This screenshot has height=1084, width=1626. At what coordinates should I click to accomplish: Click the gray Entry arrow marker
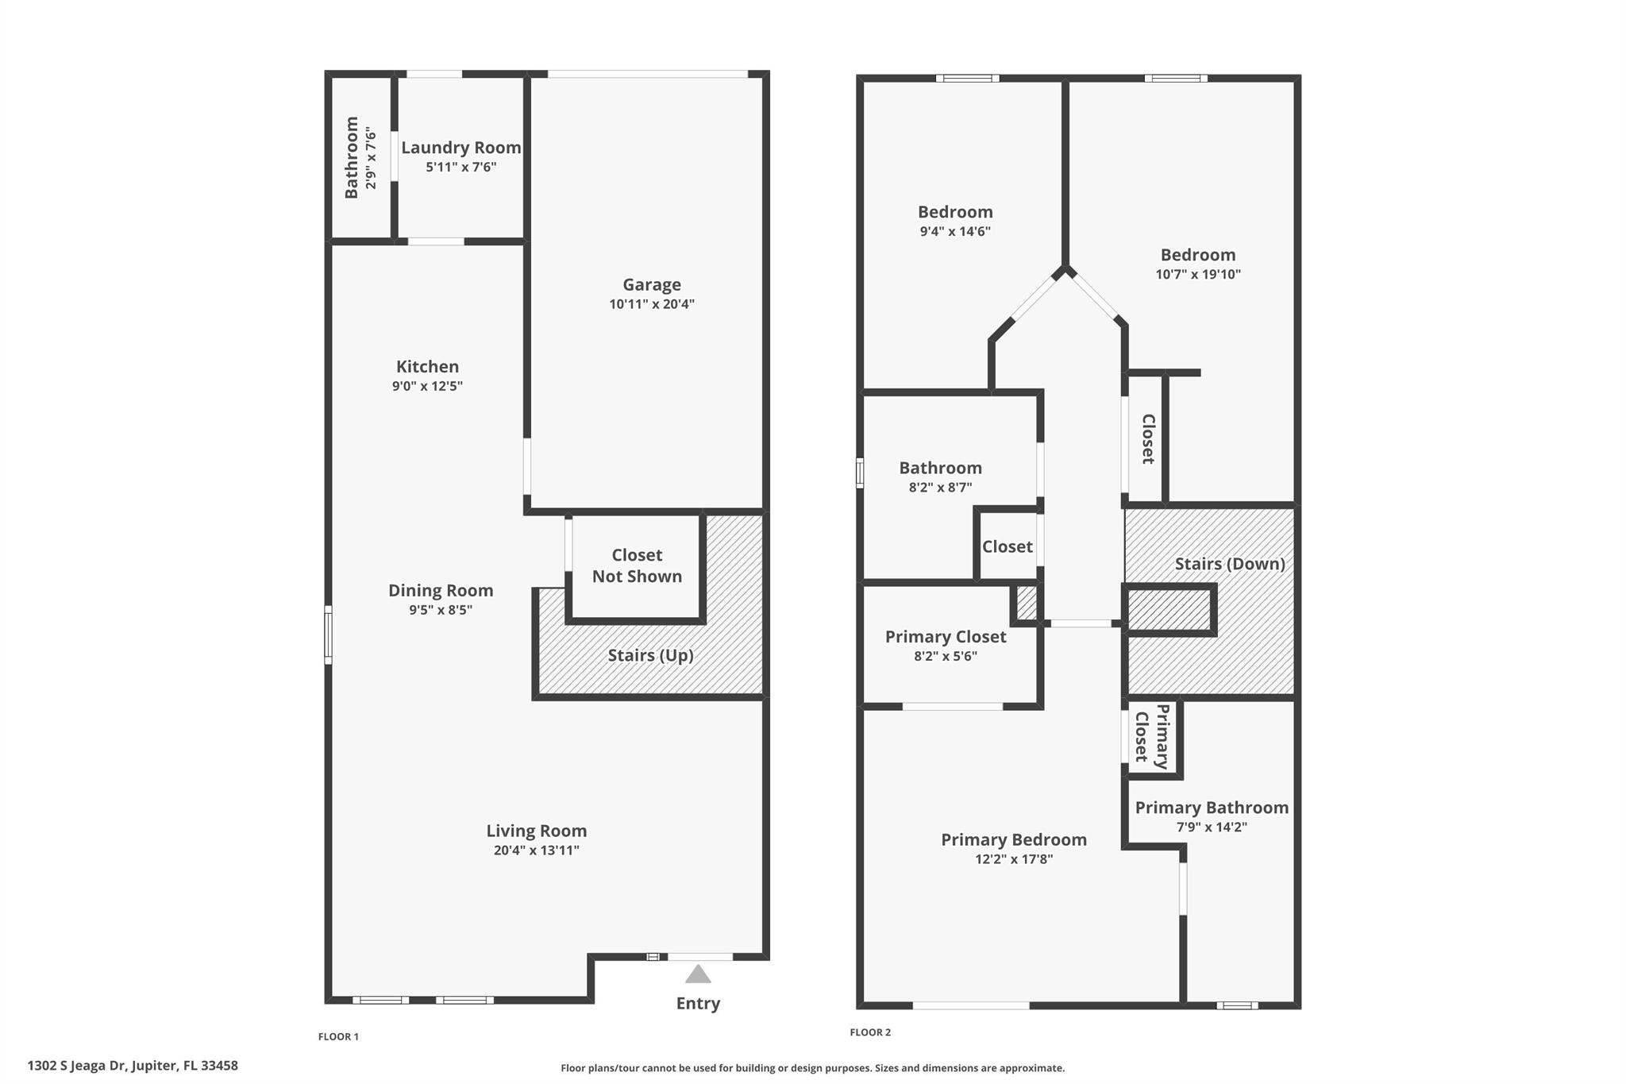click(x=698, y=974)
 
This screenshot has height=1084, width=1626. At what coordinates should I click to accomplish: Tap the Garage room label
click(x=651, y=284)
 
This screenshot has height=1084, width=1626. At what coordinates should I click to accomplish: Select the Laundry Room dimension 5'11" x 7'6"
click(x=460, y=167)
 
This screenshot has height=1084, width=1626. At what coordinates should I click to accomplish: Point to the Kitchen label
click(x=427, y=366)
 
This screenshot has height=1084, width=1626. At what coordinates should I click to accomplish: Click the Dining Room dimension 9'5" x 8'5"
click(x=441, y=610)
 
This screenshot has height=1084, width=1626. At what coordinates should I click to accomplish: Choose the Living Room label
click(x=536, y=831)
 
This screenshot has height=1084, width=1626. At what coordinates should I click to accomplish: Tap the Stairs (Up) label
click(x=650, y=655)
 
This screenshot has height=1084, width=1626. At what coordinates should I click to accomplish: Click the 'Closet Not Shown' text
click(x=637, y=565)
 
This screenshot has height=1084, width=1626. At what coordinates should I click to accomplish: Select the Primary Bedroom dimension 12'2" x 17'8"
click(x=1014, y=858)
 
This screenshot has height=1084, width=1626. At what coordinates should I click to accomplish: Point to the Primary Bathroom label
click(x=1211, y=808)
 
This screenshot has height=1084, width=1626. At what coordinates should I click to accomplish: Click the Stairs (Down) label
click(x=1229, y=564)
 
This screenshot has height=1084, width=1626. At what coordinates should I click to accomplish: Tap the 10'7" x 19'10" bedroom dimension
click(x=1197, y=274)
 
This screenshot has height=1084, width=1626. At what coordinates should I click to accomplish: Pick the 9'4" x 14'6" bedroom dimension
click(x=954, y=231)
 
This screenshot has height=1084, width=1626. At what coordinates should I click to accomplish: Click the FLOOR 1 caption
click(x=338, y=1036)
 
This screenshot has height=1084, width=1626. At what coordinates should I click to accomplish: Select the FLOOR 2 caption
click(x=870, y=1032)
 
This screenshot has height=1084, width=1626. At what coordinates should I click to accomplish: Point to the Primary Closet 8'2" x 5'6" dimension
click(x=945, y=656)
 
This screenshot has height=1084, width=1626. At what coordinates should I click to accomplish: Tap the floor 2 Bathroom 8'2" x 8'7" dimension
click(x=940, y=488)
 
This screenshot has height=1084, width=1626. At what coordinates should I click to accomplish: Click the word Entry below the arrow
click(x=698, y=1003)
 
